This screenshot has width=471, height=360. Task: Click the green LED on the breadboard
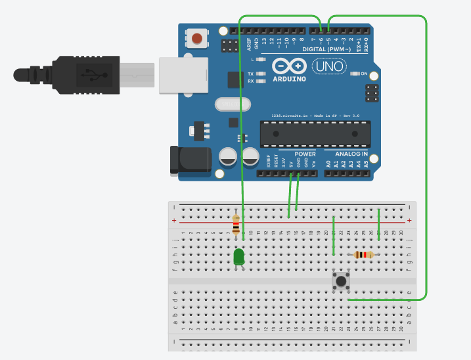click(238, 256)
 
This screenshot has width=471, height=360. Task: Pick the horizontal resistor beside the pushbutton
click(363, 255)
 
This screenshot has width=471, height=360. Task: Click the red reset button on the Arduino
click(197, 39)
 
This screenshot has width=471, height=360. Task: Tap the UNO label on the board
click(329, 66)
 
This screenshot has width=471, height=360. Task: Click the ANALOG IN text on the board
click(351, 154)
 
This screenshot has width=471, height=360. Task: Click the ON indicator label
click(364, 74)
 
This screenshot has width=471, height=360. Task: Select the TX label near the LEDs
click(250, 74)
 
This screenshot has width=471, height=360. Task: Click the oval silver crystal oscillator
click(233, 104)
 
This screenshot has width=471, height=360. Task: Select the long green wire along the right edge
click(426, 164)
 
